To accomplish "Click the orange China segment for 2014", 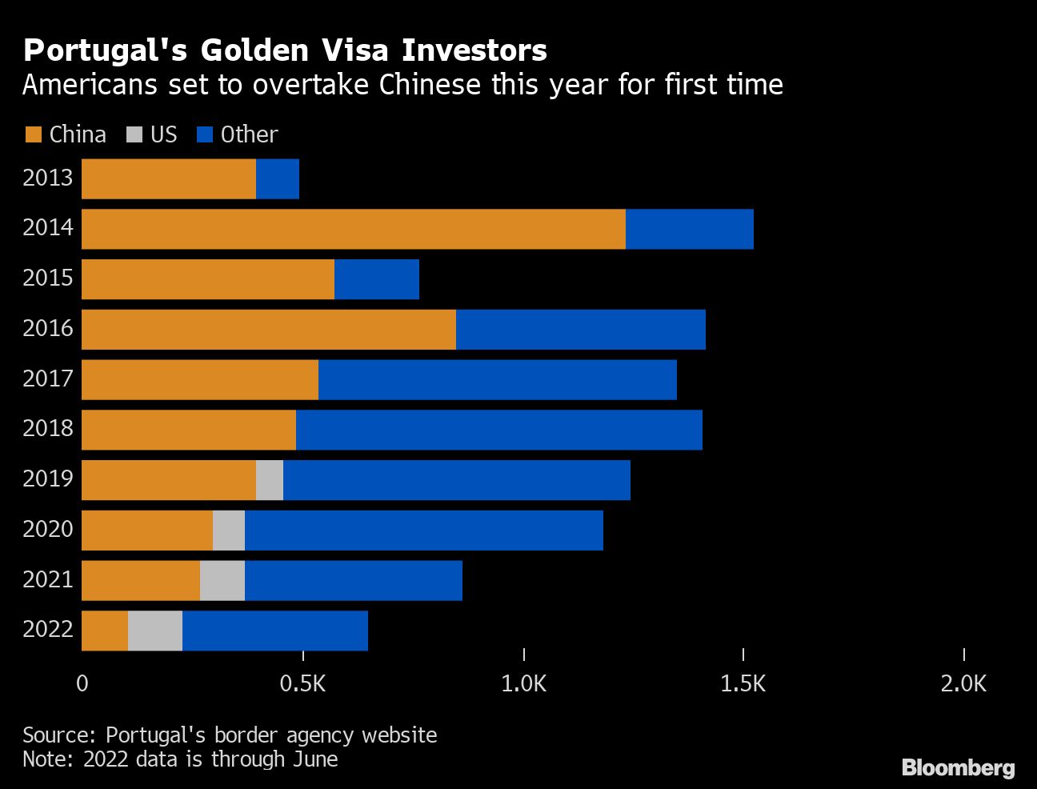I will coord(353,229).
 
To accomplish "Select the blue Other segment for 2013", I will coord(277,178).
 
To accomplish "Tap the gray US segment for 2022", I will coord(155,631).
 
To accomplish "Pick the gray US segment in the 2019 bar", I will coord(270,480).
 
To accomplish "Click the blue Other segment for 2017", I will coord(497,379).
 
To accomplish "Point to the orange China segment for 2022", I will coord(105,631).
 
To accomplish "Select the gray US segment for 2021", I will coord(222,580).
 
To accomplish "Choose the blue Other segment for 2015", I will coord(376,279).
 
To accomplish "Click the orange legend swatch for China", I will coord(33,134).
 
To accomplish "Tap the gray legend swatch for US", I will coord(134,134).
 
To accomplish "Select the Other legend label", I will coord(249,134).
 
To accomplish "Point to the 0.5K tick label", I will coord(302,683).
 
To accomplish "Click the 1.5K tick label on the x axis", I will coord(743,683).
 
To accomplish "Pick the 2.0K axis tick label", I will coord(963,683).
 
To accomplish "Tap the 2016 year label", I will coord(48,328).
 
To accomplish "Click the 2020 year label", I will coord(48,529).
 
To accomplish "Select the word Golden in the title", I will coord(254,50).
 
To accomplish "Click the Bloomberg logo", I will coord(958,767).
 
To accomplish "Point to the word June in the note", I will coord(315,759).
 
